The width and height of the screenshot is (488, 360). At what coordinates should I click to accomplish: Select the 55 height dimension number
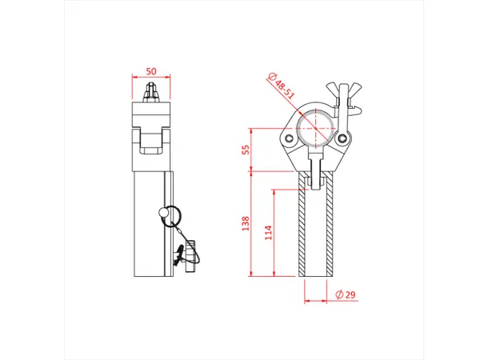[x=246, y=149]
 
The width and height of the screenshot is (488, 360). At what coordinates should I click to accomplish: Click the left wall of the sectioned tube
[x=303, y=228]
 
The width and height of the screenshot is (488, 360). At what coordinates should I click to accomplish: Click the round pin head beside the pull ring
[x=164, y=212]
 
